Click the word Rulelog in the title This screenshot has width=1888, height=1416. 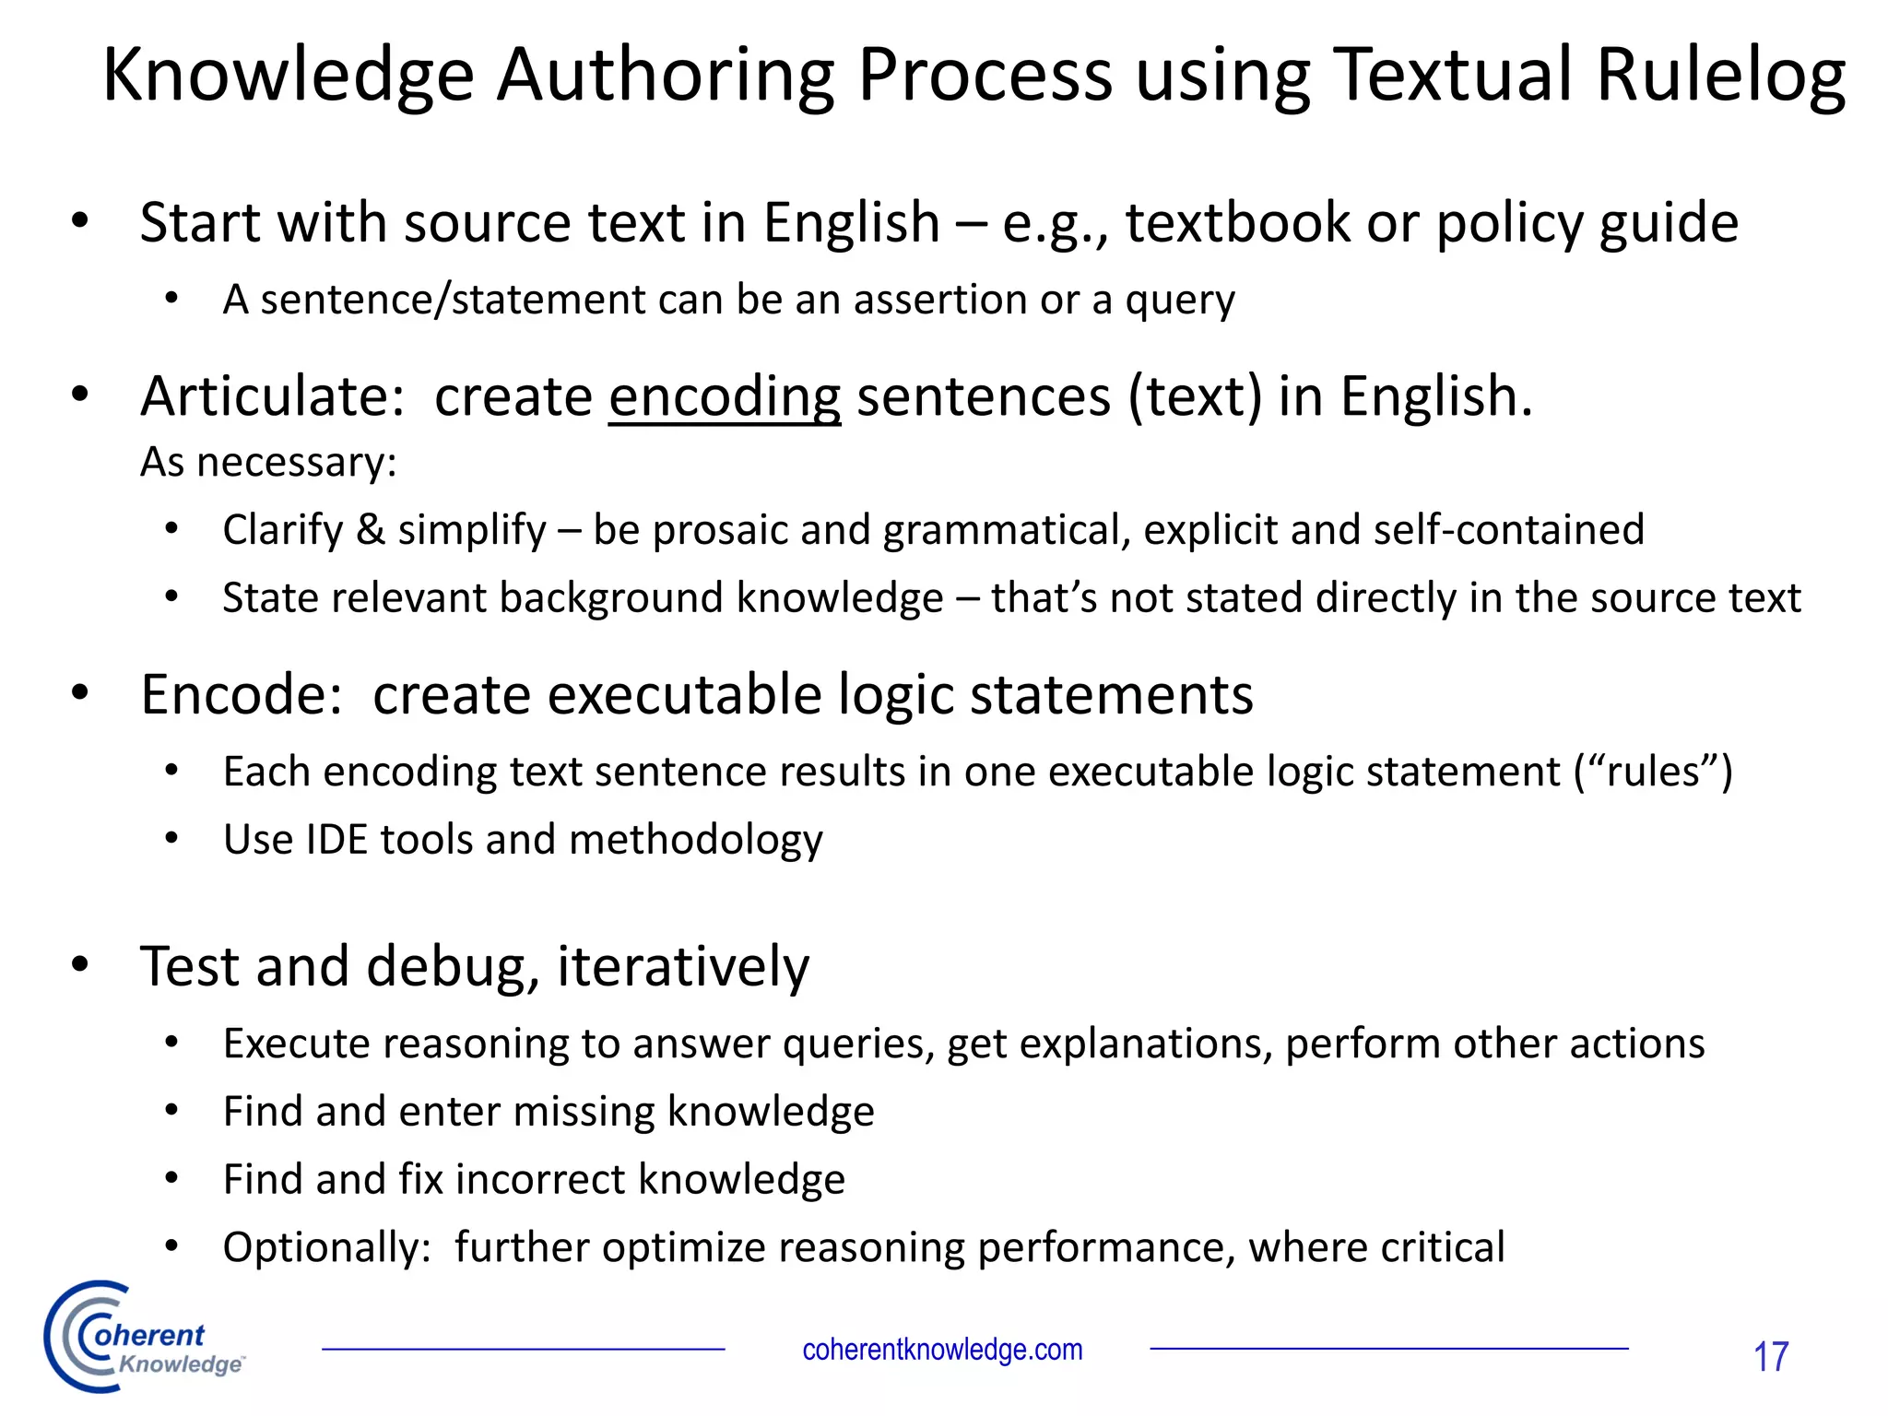tap(1720, 76)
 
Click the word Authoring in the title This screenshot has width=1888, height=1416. tap(667, 76)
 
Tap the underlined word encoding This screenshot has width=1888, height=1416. tap(725, 397)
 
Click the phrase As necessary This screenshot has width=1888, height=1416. tap(268, 462)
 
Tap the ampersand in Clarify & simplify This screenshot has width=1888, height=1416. tap(371, 530)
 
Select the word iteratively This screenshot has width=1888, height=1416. tap(683, 967)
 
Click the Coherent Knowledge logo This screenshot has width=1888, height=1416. tap(143, 1338)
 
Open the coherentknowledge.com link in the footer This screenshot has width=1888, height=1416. tap(942, 1350)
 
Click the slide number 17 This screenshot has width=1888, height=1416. tap(1770, 1357)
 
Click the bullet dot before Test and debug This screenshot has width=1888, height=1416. tap(80, 964)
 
